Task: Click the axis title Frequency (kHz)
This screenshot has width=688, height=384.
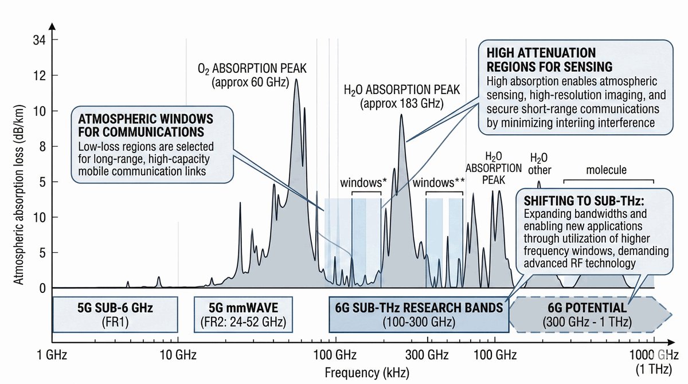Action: coord(367,373)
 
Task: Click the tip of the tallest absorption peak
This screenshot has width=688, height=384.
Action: coord(296,79)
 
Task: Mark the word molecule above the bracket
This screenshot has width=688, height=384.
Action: coord(606,170)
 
